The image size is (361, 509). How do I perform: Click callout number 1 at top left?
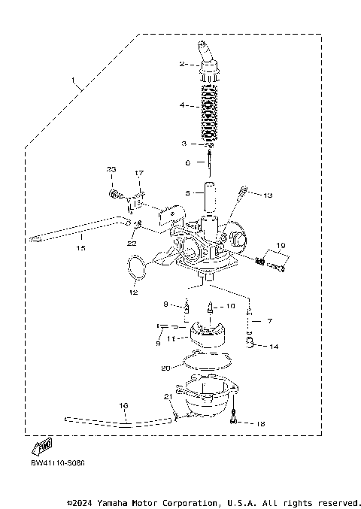pos(73,80)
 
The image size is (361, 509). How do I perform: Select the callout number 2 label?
pos(182,65)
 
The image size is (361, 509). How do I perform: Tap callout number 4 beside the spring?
pos(182,106)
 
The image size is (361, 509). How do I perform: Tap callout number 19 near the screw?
pos(281,246)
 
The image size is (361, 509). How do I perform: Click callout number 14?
pos(274,347)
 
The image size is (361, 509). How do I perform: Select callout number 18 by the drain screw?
pos(261,424)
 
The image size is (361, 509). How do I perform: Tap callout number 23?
pos(111,169)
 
